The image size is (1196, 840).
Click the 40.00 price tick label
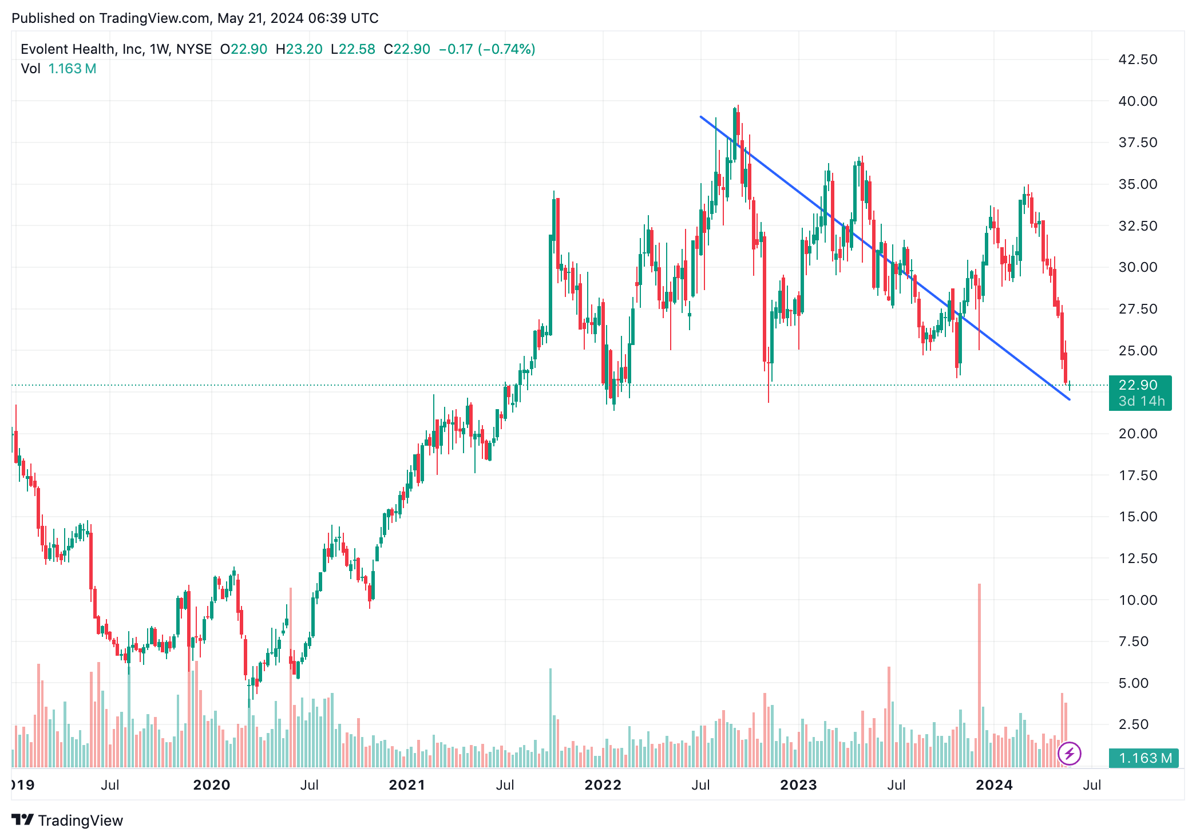click(1137, 101)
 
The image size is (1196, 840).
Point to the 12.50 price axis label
click(1137, 558)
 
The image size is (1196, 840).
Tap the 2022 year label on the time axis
click(603, 785)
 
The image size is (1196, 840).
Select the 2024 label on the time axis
click(994, 785)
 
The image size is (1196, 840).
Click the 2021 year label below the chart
click(407, 785)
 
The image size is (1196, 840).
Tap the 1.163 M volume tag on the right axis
click(1144, 758)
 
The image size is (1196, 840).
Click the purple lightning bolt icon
click(1069, 754)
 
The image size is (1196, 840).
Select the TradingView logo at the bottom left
click(68, 821)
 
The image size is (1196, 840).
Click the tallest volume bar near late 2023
click(979, 675)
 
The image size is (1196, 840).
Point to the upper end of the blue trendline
click(701, 117)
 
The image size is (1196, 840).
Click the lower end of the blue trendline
click(1070, 399)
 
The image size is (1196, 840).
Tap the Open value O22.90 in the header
click(244, 49)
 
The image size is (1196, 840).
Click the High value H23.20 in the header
click(299, 49)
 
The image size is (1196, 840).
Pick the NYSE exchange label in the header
click(194, 49)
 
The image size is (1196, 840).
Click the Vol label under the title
click(30, 69)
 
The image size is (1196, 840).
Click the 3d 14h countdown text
click(1142, 401)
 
